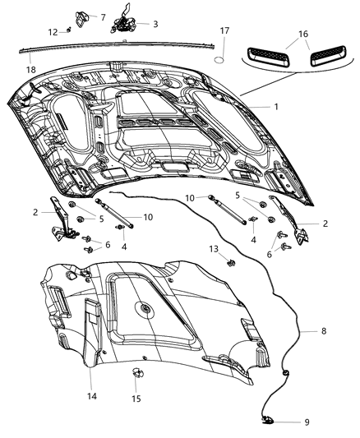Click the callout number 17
coord(224,30)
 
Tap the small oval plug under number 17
coord(220,60)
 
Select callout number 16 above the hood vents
coord(303,35)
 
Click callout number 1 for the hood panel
coord(276,107)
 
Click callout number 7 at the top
coord(103,16)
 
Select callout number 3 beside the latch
coord(155,24)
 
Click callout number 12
coord(53,32)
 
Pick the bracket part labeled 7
coord(82,16)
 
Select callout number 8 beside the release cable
coord(323,331)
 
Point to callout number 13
coord(213,247)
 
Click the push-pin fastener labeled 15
coord(135,375)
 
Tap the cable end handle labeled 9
coord(270,422)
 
